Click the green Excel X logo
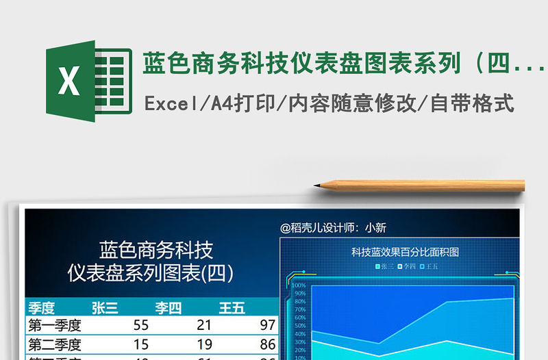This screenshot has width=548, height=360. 70,81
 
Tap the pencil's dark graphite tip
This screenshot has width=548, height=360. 317,185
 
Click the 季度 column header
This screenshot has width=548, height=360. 41,308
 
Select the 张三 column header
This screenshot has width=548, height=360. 105,308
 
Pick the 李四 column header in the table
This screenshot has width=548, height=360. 168,308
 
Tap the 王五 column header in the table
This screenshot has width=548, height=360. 232,308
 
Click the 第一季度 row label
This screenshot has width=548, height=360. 55,325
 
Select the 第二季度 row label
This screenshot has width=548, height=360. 55,344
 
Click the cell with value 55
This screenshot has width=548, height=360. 140,325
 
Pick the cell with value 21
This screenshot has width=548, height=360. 203,325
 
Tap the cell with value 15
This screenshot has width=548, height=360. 140,344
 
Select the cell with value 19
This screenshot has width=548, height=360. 203,344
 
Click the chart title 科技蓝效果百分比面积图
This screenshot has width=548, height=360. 405,252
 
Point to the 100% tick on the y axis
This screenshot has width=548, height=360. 299,285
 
